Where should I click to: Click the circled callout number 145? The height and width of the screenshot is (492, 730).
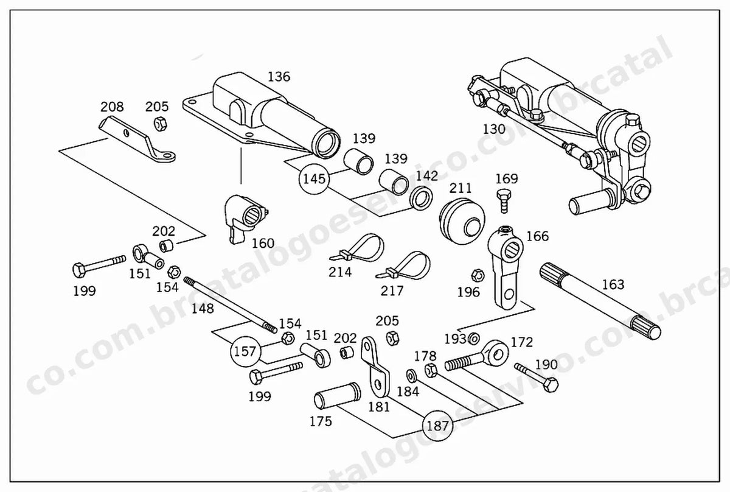click(x=314, y=179)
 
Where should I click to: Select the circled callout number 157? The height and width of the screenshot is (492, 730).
click(x=245, y=352)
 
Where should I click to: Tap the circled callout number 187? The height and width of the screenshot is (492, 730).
click(x=437, y=426)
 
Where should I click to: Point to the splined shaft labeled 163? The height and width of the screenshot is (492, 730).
click(x=600, y=301)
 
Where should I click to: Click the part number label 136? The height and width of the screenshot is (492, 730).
click(x=279, y=77)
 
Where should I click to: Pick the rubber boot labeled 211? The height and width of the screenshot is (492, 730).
click(x=462, y=221)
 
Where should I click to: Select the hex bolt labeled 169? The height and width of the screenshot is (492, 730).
click(x=504, y=202)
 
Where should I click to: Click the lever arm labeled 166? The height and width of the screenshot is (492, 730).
click(x=505, y=267)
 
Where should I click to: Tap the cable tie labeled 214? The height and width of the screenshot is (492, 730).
click(x=358, y=248)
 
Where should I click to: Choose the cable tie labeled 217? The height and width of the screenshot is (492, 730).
click(x=404, y=266)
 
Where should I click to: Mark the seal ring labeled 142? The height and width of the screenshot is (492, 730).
click(x=422, y=199)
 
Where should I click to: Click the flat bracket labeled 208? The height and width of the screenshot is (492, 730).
click(x=137, y=139)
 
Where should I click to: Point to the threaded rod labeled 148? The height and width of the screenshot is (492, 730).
click(x=230, y=305)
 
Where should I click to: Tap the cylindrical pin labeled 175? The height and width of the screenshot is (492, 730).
click(x=337, y=395)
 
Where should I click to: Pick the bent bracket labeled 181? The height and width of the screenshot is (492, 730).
click(x=375, y=367)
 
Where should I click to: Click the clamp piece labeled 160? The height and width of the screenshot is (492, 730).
click(x=245, y=218)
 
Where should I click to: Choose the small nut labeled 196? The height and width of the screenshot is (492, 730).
click(x=478, y=276)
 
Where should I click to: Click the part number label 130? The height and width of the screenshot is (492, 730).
click(x=494, y=129)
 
